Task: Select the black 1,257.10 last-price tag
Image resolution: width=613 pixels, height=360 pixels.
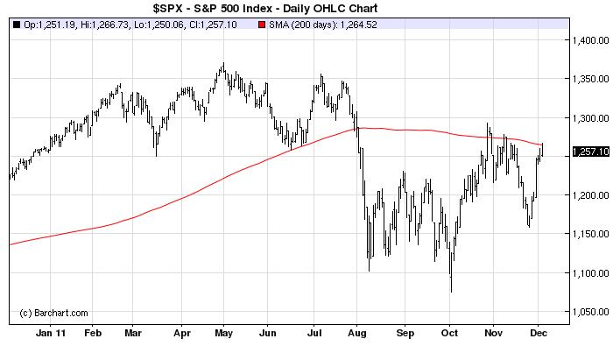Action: pyautogui.click(x=589, y=152)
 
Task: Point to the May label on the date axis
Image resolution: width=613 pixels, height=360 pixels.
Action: pyautogui.click(x=223, y=333)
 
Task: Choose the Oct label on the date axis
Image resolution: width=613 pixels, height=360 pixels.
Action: pyautogui.click(x=447, y=333)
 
